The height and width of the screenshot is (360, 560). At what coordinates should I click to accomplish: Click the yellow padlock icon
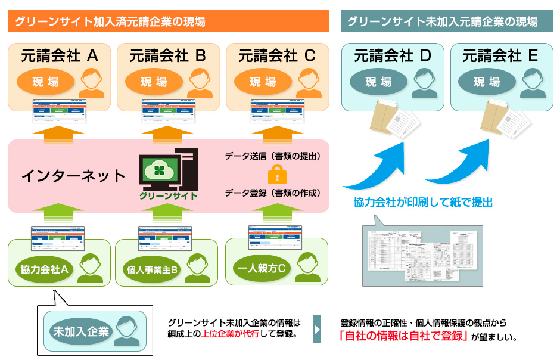[x=275, y=175]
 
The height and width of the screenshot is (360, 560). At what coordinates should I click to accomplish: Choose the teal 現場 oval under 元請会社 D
[x=378, y=82]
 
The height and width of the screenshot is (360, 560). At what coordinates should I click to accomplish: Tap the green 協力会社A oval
[x=42, y=269]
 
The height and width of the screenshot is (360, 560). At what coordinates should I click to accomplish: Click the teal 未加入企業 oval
[x=81, y=331]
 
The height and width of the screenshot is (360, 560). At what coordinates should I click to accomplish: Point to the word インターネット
[x=73, y=176]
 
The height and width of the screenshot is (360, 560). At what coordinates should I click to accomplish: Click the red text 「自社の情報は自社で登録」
[x=403, y=336]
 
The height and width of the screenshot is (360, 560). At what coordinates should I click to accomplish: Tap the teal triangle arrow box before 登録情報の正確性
[x=318, y=329]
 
